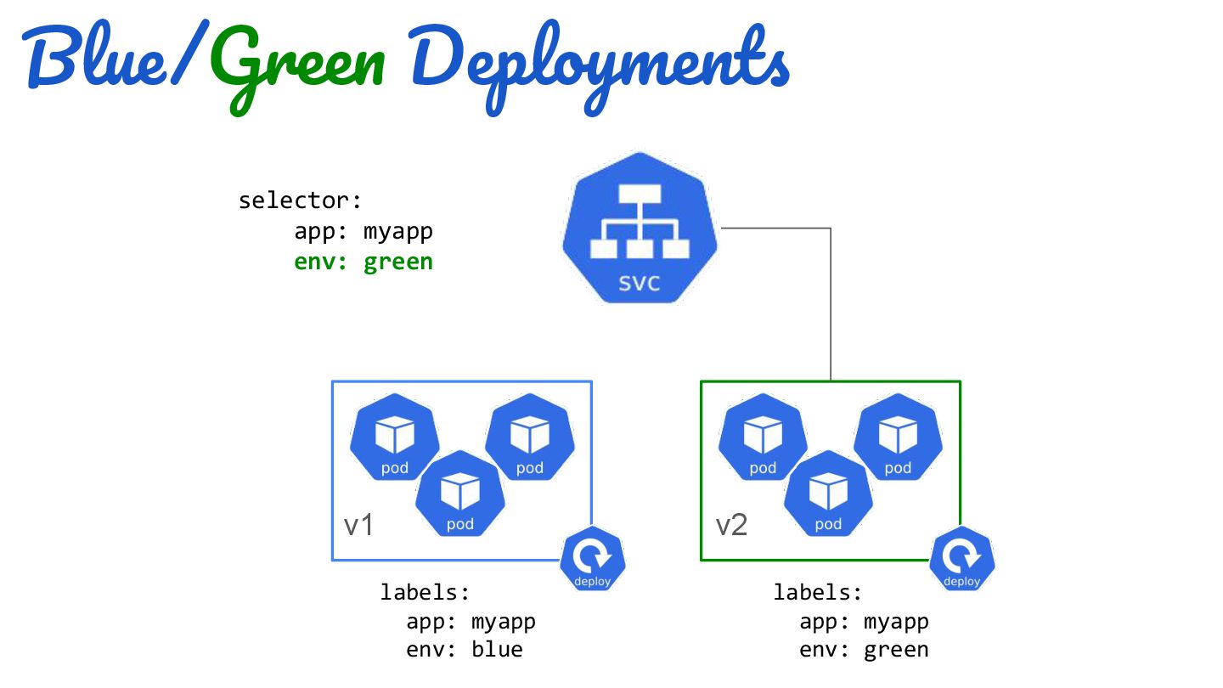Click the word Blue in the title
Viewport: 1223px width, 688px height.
point(94,54)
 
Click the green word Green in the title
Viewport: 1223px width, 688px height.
point(297,65)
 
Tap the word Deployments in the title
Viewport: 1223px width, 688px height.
point(600,66)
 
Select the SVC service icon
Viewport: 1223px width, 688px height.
point(640,228)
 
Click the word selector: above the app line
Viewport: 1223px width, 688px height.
point(301,200)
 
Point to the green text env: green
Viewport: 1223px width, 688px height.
point(364,262)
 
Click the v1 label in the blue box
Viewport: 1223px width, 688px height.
point(358,525)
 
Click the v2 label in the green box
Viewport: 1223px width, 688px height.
point(731,525)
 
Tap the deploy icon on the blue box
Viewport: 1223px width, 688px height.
point(593,559)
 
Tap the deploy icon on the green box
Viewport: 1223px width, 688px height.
point(962,559)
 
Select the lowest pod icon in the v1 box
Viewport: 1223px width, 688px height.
point(460,493)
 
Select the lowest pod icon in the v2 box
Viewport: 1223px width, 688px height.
point(828,493)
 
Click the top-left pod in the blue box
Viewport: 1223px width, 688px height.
point(395,437)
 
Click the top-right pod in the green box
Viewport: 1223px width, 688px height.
point(899,437)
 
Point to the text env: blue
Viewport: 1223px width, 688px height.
point(465,650)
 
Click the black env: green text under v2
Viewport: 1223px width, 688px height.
point(865,651)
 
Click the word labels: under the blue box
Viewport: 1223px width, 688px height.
point(426,593)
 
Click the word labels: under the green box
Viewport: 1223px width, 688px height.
point(818,593)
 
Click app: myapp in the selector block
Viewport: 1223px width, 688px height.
point(364,233)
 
